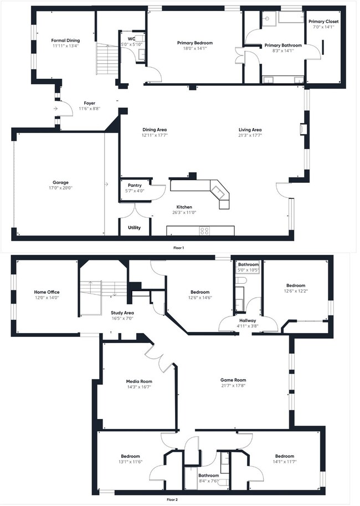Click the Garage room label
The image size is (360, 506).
click(61, 182)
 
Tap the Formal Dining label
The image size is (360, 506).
click(65, 40)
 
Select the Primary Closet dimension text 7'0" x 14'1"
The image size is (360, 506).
click(323, 27)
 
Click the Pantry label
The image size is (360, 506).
click(135, 185)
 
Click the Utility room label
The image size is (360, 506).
click(135, 228)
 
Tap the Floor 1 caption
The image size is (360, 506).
click(179, 248)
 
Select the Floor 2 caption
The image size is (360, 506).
click(179, 499)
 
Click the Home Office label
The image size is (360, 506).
click(47, 292)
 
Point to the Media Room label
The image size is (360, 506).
click(138, 381)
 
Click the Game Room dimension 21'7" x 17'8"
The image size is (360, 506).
click(233, 386)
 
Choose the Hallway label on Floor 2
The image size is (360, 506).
click(247, 320)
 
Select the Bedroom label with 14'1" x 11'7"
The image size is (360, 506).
click(284, 456)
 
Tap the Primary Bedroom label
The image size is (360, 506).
click(195, 43)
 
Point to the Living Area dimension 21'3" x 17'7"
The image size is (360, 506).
click(250, 135)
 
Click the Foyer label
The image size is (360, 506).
click(89, 103)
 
